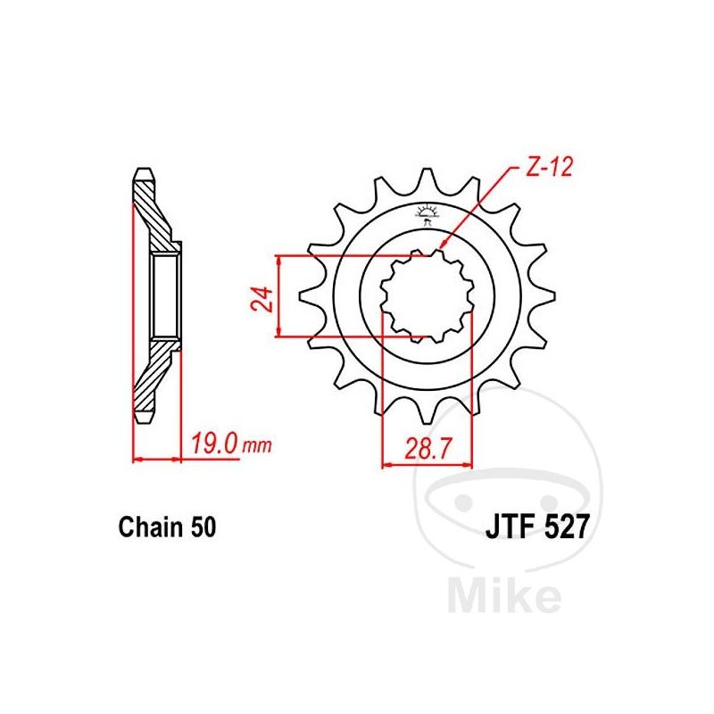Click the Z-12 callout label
(x=549, y=167)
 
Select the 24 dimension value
(x=263, y=299)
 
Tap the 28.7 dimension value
(x=428, y=448)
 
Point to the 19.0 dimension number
(x=214, y=443)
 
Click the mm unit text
(x=257, y=445)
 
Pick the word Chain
(x=151, y=527)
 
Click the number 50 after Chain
(x=203, y=527)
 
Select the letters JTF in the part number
(x=510, y=527)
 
